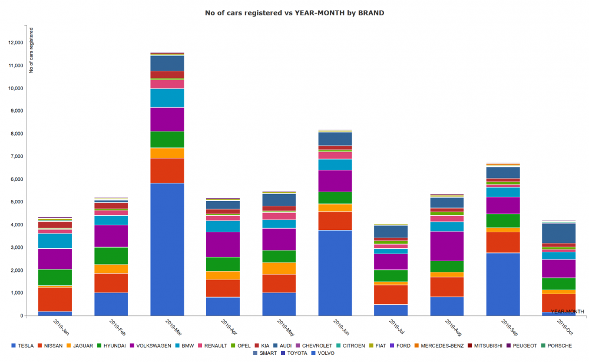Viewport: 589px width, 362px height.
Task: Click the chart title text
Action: tap(294, 12)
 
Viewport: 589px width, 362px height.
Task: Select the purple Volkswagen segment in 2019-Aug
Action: tap(447, 246)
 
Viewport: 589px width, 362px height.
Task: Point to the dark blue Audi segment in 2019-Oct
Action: tap(559, 233)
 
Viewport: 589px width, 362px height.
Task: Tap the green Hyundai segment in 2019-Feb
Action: tap(111, 255)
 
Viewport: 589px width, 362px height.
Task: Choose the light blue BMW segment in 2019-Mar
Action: tap(167, 98)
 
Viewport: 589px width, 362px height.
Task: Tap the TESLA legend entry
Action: tap(23, 345)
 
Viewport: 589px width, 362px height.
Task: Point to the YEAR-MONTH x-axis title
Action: tap(567, 311)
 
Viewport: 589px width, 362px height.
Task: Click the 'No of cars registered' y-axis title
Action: tap(31, 50)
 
